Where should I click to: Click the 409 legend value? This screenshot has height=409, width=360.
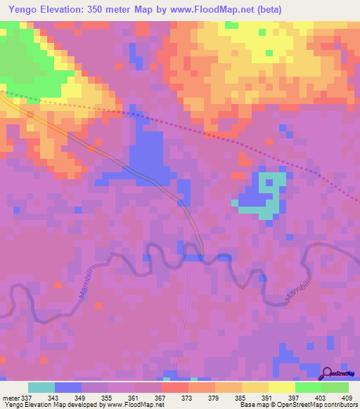pos(347,398)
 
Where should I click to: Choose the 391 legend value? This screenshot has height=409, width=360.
pos(268,398)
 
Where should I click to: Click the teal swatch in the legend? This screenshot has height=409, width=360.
pos(41,387)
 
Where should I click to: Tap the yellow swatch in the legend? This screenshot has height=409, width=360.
pos(281,387)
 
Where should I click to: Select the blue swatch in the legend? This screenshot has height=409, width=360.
pos(68,387)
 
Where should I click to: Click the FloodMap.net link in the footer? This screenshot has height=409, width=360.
pos(132,405)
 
